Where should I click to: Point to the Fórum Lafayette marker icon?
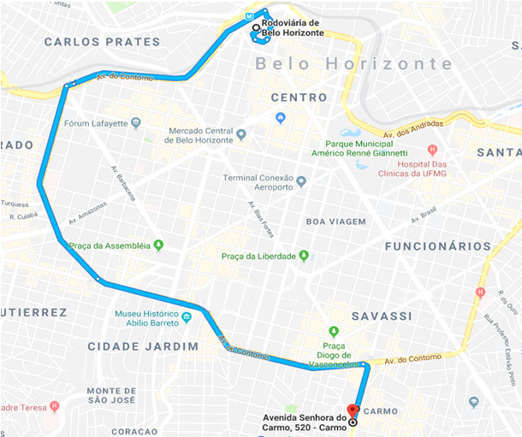pos(136,123)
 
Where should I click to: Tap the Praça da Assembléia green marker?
pos(157,245)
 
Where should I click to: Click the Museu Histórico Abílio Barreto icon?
pos(186,321)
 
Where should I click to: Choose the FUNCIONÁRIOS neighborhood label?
pos(437,246)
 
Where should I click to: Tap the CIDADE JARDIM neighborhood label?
pos(143,346)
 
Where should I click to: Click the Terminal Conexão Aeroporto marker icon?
pos(301,182)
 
